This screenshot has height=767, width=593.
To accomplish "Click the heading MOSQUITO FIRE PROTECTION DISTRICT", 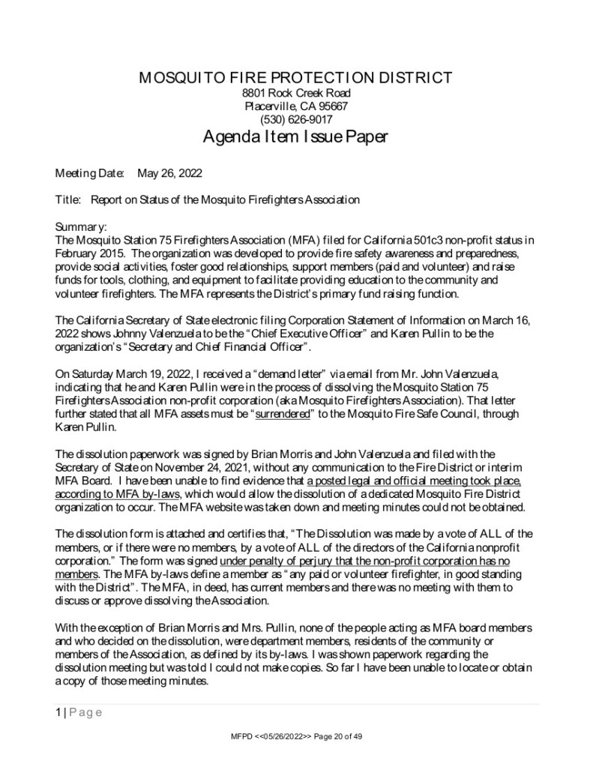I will click(296, 78).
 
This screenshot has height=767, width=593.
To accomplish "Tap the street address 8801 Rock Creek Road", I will click(296, 93).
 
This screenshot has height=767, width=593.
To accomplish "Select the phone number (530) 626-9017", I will click(296, 119).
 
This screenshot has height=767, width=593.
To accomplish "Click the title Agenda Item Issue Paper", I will click(296, 138).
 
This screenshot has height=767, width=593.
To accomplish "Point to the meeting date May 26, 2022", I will click(169, 173).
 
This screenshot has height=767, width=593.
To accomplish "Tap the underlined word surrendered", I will click(283, 413).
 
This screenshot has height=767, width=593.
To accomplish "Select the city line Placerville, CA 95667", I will click(296, 106).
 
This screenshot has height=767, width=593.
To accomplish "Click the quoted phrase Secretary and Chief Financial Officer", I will click(221, 346).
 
